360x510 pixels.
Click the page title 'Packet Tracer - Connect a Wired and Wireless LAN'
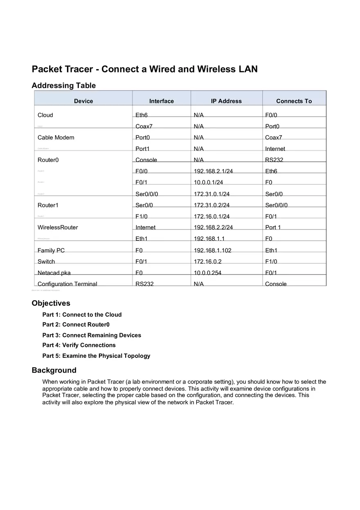pos(144,69)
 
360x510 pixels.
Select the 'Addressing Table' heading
pos(63,85)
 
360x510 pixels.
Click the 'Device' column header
pos(83,101)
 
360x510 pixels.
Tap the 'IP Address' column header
pos(226,101)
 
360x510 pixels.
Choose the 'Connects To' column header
pos(294,101)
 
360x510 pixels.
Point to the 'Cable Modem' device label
pos(56,137)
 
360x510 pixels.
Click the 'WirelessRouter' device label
pos(58,227)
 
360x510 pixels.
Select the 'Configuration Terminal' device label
pos(67,284)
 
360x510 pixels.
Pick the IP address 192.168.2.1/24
pos(213,171)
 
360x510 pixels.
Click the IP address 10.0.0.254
pos(207,273)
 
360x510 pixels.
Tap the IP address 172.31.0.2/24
pos(211,205)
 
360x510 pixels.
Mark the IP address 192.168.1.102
pos(212,250)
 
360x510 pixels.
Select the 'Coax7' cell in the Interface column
pos(144,126)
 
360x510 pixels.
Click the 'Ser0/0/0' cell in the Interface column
pos(147,194)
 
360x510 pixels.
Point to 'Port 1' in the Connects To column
pos(273,227)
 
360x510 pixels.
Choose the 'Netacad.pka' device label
pos(54,273)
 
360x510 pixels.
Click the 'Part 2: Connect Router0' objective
pos(76,325)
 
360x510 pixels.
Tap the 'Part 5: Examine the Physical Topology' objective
pos(96,356)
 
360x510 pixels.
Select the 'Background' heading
pos(54,370)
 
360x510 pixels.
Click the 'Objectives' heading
pos(51,303)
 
